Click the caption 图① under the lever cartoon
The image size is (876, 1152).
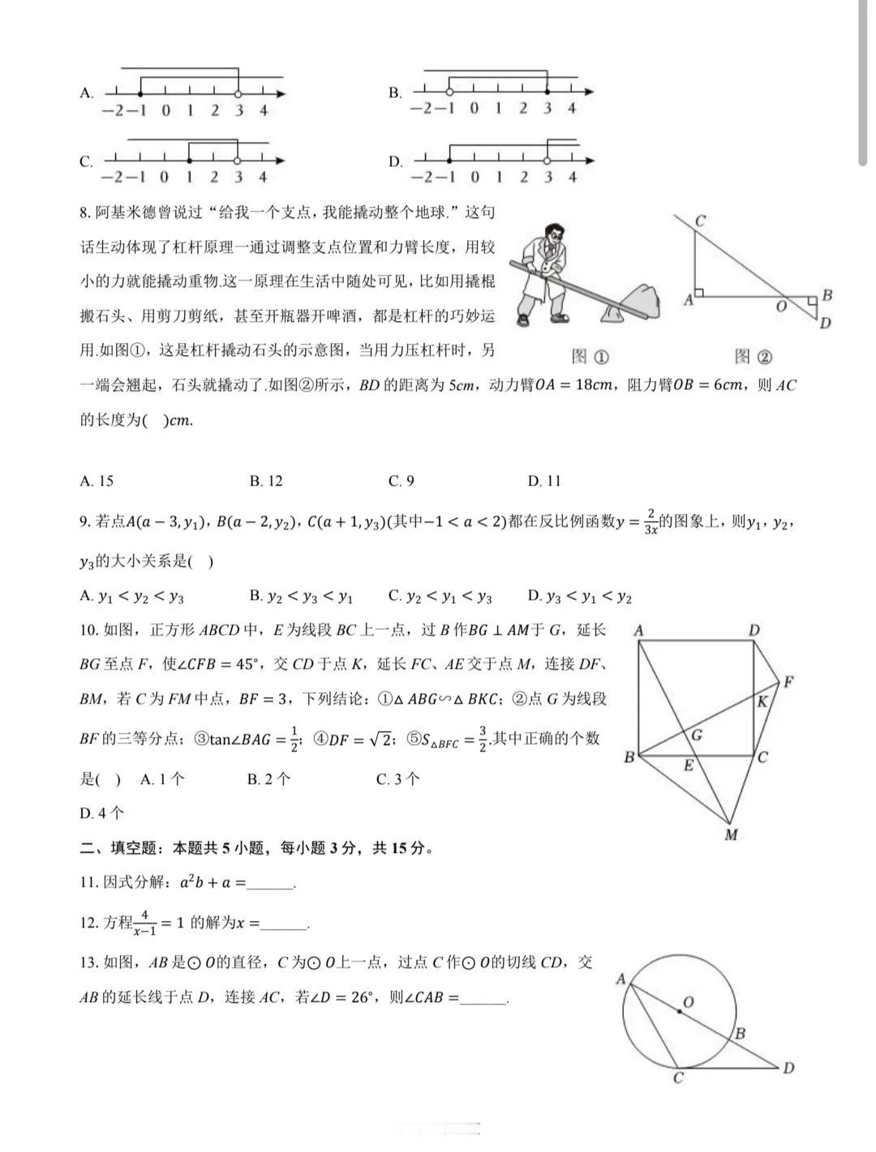pyautogui.click(x=590, y=356)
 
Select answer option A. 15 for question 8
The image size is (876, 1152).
pyautogui.click(x=97, y=482)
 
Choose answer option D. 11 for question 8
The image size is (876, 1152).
pyautogui.click(x=544, y=482)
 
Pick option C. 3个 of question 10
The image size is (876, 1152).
pyautogui.click(x=397, y=780)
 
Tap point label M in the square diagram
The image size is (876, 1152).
pyautogui.click(x=731, y=835)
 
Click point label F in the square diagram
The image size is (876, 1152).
pyautogui.click(x=787, y=683)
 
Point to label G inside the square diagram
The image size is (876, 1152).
pyautogui.click(x=696, y=736)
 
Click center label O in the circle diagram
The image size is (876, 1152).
pyautogui.click(x=688, y=1003)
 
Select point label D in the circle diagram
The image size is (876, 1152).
pyautogui.click(x=788, y=1068)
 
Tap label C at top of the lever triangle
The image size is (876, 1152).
pyautogui.click(x=700, y=221)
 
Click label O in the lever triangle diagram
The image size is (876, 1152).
pyautogui.click(x=781, y=306)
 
